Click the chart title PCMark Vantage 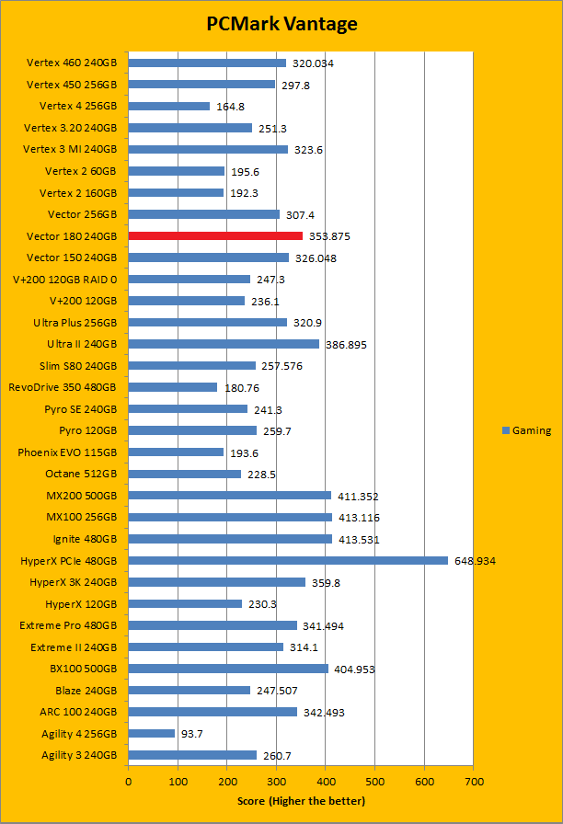281,25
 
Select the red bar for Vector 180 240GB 215,236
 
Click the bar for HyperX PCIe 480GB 288,560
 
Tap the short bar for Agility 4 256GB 152,733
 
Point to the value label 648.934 475,561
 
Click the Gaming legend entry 527,430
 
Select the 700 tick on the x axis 473,782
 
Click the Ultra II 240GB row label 82,344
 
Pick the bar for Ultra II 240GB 224,344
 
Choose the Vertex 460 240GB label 72,63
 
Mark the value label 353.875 329,236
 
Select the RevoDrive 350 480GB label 63,387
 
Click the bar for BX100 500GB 228,669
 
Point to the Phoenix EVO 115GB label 67,452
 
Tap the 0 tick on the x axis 129,782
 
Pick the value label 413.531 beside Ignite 359,540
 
